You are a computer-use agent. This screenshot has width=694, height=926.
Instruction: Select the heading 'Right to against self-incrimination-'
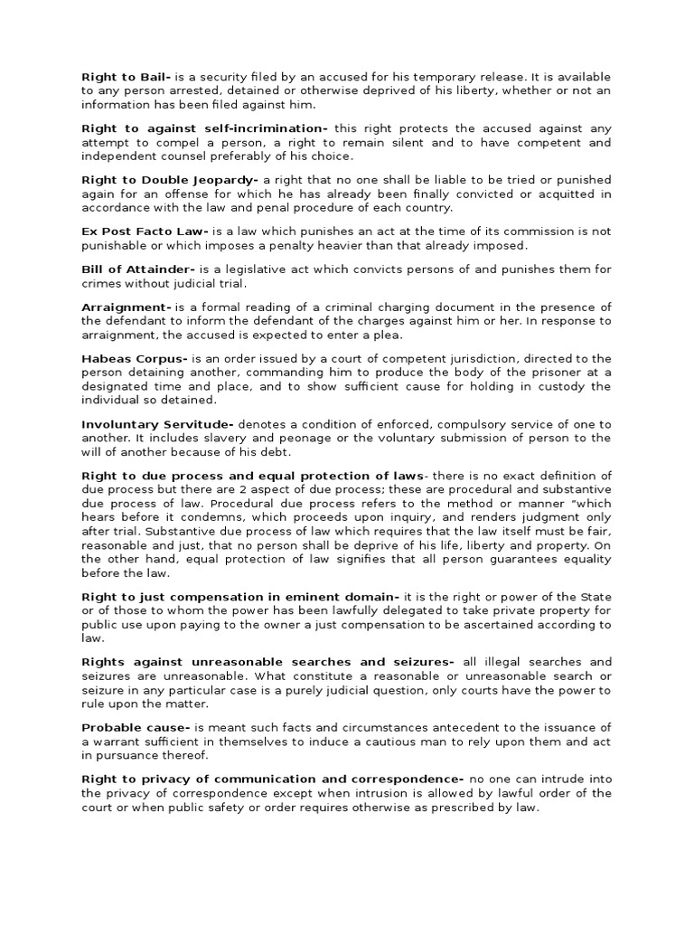coord(205,128)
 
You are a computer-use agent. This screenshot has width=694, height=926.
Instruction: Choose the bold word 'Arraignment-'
coord(127,307)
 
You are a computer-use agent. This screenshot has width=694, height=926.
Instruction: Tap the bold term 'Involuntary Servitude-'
coord(158,424)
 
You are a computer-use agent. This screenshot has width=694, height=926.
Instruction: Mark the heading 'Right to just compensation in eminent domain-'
coord(240,597)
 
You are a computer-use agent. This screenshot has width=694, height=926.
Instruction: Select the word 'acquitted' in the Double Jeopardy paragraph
coord(569,194)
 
